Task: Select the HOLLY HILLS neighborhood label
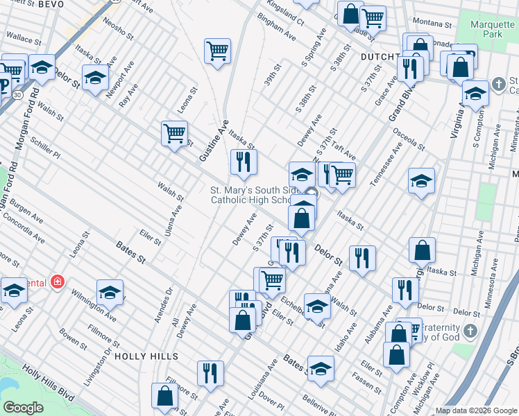click(146, 356)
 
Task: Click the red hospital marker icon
click(56, 282)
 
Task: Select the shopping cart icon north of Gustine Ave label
click(217, 51)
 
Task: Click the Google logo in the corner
click(23, 408)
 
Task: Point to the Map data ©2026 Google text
click(475, 410)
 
